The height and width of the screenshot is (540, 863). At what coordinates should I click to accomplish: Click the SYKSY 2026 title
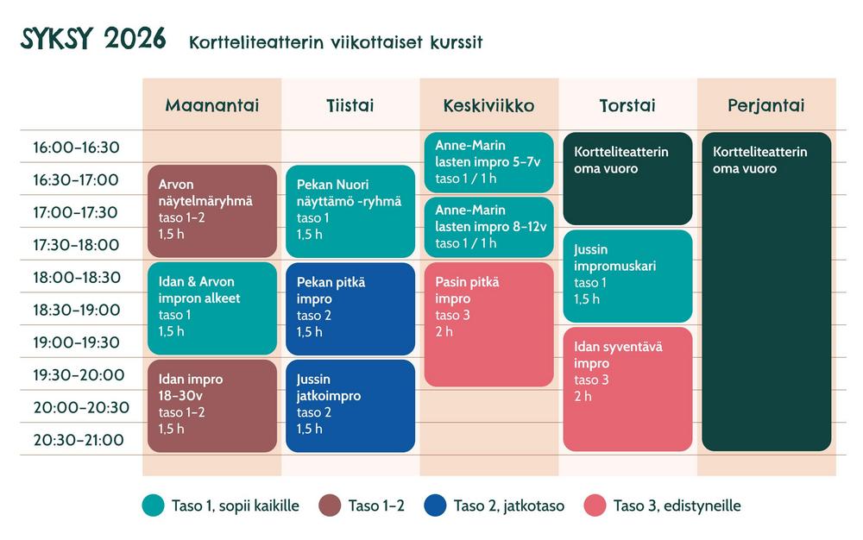point(93,40)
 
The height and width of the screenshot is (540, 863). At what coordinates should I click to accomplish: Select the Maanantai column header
point(211,105)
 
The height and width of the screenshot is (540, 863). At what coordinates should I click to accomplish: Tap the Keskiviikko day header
point(488,105)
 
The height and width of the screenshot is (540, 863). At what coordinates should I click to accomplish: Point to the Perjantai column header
point(765,105)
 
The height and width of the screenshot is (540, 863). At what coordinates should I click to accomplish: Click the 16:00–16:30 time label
point(76,148)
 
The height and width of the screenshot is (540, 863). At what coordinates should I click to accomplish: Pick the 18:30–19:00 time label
point(76,310)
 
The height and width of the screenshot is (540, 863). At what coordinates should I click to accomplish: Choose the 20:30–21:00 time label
point(76,440)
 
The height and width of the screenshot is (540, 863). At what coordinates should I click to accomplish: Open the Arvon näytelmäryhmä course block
point(212,211)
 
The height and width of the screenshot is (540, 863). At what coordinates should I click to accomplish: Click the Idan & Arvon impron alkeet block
point(212,308)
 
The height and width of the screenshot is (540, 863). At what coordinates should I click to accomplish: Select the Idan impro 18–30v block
point(212,405)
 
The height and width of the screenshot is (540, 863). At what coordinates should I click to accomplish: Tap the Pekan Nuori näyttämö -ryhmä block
point(350,211)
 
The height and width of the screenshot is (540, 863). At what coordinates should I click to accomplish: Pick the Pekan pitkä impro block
point(350,308)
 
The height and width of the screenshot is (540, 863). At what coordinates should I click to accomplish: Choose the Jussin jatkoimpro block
point(350,405)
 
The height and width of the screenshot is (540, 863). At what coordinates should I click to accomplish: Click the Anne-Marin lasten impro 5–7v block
point(488,162)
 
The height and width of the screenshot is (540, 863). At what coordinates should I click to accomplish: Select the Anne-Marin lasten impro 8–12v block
point(488,227)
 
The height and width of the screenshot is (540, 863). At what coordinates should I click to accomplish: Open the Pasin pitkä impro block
point(488,324)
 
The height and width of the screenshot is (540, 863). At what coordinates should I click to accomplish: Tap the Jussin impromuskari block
point(627,276)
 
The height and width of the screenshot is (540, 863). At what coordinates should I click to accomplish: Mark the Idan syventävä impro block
point(627,388)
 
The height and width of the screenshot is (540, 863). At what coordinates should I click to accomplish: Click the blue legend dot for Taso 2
point(435,505)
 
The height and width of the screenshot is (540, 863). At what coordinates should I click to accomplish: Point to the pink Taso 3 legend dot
point(595,505)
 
